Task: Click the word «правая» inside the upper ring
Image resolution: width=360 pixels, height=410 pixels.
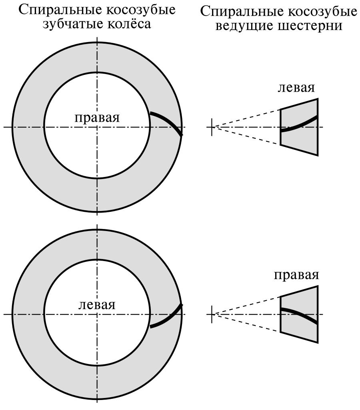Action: coord(97,118)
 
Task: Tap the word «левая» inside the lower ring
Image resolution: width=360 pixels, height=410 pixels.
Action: coord(97,305)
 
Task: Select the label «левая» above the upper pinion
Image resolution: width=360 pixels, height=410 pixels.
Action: coord(296,88)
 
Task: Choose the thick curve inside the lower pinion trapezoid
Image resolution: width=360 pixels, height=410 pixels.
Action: coord(299,315)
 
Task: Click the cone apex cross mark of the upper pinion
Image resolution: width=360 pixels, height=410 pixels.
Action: coord(212,127)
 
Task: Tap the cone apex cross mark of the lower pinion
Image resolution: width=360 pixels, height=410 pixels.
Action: coord(212,314)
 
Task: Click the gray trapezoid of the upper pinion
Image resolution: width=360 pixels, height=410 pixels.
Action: coord(299,127)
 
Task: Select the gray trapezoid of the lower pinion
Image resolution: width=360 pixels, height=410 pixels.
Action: coord(299,314)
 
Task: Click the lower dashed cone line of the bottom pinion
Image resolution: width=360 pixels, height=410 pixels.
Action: coord(246,323)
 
